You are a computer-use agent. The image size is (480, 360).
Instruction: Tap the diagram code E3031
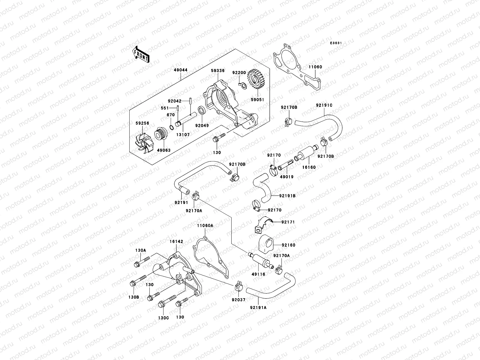(336, 43)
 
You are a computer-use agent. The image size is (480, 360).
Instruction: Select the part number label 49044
(181, 70)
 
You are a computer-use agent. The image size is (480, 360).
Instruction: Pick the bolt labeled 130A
(142, 261)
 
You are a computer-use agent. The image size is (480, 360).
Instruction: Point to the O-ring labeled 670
(171, 127)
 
